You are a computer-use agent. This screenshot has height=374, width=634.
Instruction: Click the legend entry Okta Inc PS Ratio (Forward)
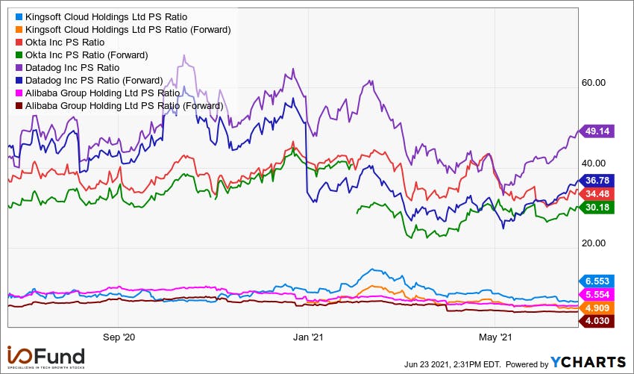[87, 55]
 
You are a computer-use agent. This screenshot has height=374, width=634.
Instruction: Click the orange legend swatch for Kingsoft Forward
[19, 30]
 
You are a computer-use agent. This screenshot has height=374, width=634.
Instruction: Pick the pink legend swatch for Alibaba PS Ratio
[19, 93]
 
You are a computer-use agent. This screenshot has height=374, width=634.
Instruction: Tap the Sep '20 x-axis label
[119, 337]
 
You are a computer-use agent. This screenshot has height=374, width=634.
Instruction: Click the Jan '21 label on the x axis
[308, 337]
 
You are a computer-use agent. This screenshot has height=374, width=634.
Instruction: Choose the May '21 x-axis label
[495, 337]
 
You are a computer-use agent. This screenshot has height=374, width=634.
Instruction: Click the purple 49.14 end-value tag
[597, 131]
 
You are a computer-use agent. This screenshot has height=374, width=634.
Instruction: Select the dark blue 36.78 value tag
[597, 181]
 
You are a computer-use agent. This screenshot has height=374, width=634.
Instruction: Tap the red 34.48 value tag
[597, 194]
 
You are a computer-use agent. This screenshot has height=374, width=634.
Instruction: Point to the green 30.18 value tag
[597, 208]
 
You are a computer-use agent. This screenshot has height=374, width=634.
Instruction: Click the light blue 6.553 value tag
[597, 281]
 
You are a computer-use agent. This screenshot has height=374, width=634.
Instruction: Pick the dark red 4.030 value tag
[597, 321]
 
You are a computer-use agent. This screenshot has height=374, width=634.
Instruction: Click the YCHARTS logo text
[588, 362]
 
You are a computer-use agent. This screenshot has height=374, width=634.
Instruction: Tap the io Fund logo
[45, 358]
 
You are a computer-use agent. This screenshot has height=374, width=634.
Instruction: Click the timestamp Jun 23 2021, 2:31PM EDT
[453, 364]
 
